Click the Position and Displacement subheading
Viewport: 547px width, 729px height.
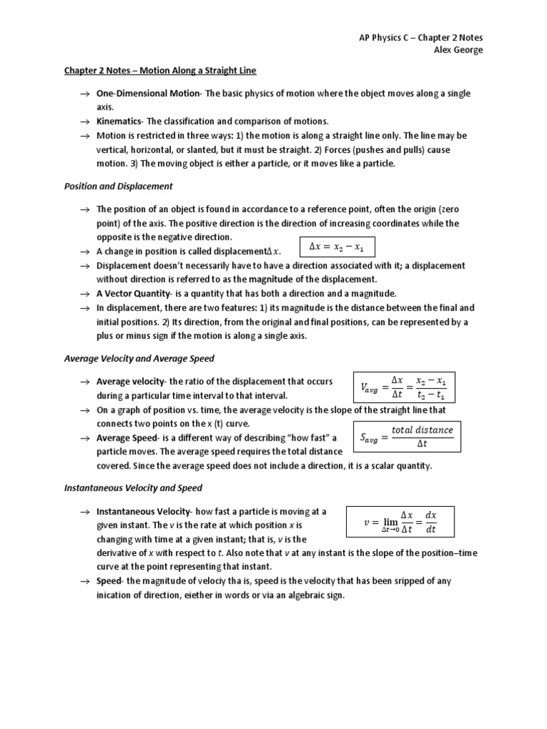pos(118,187)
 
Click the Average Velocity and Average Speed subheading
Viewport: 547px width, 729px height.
pos(139,359)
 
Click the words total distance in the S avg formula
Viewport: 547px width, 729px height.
pos(422,430)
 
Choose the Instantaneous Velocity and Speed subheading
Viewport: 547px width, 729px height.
pos(133,488)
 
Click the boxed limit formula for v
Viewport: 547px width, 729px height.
pos(400,522)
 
